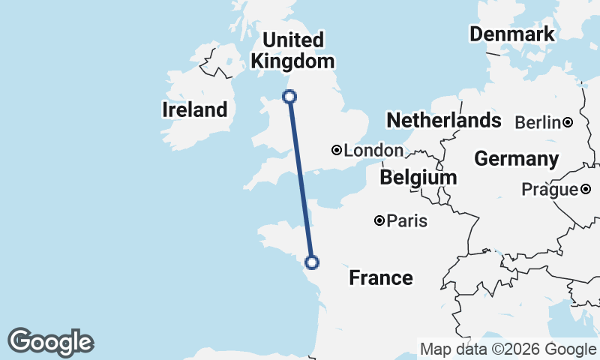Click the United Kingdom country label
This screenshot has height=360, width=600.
293,50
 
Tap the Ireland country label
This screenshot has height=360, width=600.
194,109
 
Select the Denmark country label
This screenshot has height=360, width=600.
512,34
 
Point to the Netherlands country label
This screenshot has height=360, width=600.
443,120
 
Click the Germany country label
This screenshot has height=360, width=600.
516,159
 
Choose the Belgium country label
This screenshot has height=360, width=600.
418,178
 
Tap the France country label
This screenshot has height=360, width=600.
381,278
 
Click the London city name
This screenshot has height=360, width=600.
373,151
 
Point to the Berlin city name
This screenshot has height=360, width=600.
538,122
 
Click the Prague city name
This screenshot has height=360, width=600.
551,190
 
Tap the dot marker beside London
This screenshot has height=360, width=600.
337,151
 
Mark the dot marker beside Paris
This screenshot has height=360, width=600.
379,220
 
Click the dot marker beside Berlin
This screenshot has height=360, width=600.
568,122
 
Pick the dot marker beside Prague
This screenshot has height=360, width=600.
586,190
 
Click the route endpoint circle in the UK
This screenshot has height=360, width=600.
289,96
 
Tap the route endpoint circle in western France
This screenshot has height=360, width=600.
312,262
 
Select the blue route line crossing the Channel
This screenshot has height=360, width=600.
301,180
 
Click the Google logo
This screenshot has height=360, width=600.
50,342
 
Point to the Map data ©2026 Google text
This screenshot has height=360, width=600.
508,349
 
